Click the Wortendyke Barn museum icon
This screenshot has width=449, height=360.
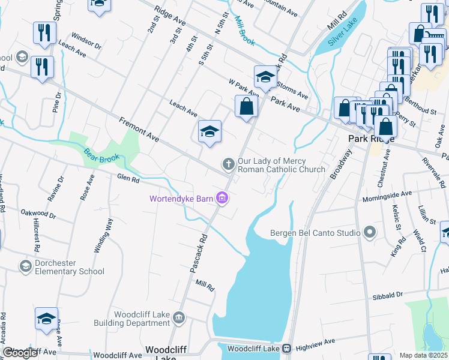click(x=223, y=197)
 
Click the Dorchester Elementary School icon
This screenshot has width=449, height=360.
click(x=25, y=266)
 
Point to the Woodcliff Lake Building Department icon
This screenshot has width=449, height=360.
click(x=178, y=317)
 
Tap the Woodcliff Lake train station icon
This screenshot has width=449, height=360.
click(x=287, y=348)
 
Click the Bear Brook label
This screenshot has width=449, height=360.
click(x=102, y=157)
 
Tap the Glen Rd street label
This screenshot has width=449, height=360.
click(x=128, y=178)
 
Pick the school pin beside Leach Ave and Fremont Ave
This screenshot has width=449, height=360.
click(x=209, y=132)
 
